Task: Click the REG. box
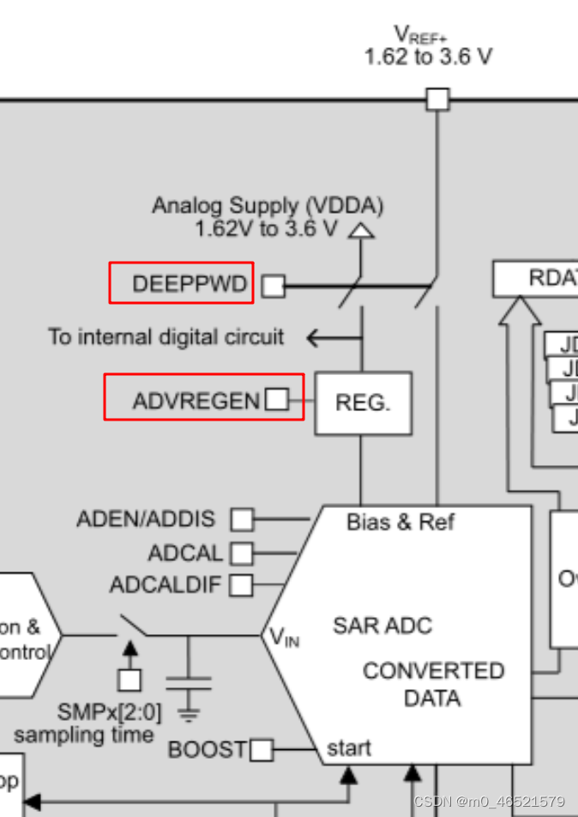click(x=363, y=402)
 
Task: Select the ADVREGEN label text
click(x=196, y=401)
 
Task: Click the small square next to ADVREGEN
click(x=276, y=399)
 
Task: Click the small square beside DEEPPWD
click(x=273, y=286)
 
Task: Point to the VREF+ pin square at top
click(x=437, y=99)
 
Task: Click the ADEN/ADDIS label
click(x=146, y=519)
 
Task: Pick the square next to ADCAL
click(x=242, y=553)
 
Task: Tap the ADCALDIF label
click(x=166, y=585)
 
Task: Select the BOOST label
click(x=207, y=750)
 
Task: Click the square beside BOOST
click(x=261, y=751)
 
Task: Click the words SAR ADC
click(x=382, y=625)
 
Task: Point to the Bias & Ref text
click(x=400, y=522)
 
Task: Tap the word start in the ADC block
click(x=349, y=748)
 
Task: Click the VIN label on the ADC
click(x=284, y=637)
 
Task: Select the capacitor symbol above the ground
click(x=189, y=682)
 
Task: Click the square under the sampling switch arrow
click(x=129, y=680)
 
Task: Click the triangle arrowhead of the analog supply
click(x=363, y=230)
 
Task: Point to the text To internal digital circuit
click(x=166, y=336)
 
